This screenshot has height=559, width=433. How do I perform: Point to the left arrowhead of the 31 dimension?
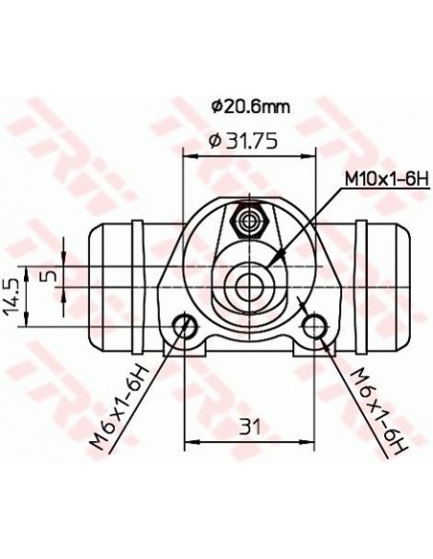point(191,441)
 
